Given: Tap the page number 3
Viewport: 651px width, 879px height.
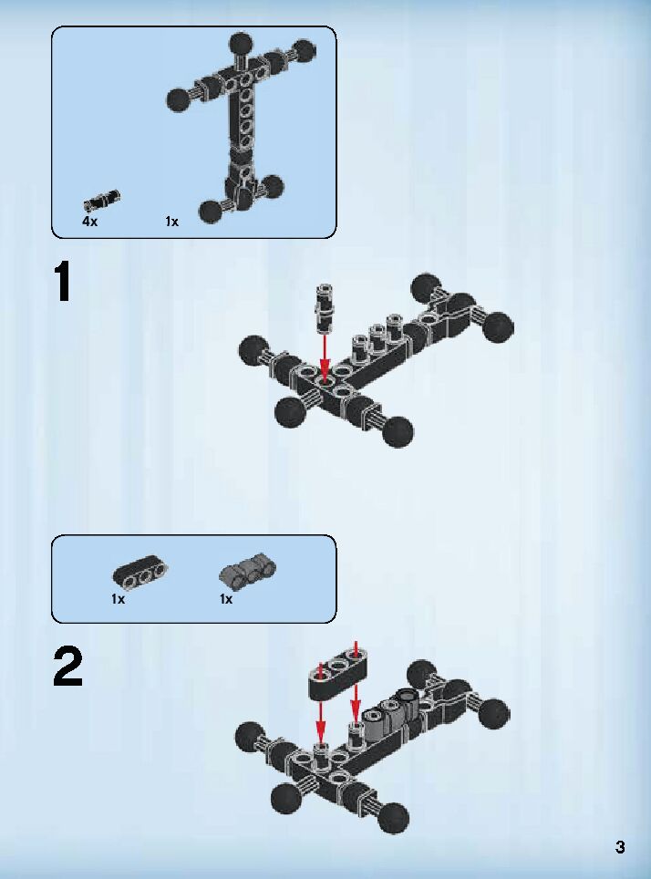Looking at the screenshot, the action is pos(620,847).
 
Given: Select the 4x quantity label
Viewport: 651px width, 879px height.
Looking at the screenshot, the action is pos(89,222).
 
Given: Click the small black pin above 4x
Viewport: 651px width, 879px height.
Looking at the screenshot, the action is pos(101,200).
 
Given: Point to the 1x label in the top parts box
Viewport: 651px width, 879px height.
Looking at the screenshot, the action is pos(172,222).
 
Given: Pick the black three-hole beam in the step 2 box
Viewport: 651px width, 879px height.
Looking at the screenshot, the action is pos(140,572).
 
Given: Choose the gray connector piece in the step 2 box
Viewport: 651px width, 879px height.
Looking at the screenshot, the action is pos(247,572).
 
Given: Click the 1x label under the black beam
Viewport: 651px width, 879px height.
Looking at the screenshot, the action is pos(119,599).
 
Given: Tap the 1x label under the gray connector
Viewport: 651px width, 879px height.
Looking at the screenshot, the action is pos(226,599).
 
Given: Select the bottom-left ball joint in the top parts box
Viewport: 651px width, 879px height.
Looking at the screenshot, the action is pos(212,211).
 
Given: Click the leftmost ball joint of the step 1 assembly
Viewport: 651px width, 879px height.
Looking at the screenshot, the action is pos(252,349).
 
